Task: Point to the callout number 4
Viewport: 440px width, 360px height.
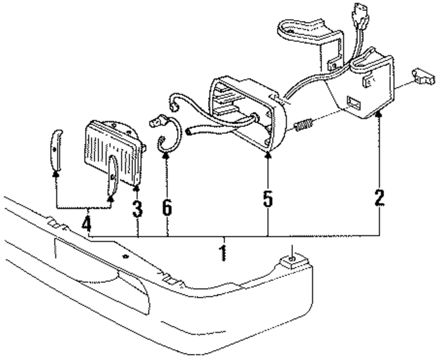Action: pos(87,225)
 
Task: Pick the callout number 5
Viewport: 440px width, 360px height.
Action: pos(268,199)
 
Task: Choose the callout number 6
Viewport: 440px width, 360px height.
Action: pos(167,207)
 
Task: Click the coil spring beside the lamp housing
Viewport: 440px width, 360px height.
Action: pos(304,124)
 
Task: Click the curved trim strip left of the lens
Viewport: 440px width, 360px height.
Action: pos(55,150)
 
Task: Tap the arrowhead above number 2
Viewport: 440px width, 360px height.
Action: pos(379,115)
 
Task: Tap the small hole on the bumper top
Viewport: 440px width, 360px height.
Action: pos(126,256)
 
